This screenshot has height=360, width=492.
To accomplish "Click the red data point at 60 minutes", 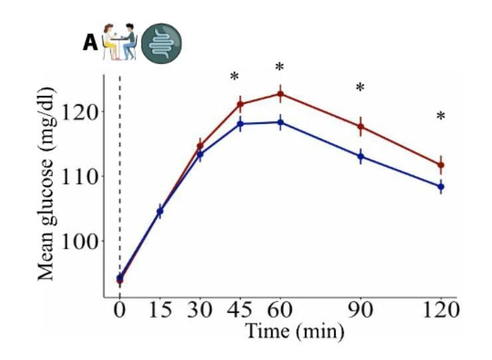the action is coord(281,94).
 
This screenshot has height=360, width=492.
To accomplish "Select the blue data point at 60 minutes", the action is coord(281,122).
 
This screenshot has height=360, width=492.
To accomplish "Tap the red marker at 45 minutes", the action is coord(241,104).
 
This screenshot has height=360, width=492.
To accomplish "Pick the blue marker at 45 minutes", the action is coord(241,124).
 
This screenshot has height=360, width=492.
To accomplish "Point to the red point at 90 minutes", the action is coord(361,126).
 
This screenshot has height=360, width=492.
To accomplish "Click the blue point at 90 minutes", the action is coord(361,156).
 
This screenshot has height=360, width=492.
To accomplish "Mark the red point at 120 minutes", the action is coord(441,165).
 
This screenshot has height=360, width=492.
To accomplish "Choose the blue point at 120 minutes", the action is coord(441,187).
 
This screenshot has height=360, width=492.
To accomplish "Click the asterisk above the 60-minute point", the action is coord(279,67).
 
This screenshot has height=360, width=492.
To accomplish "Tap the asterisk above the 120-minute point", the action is coord(441,116).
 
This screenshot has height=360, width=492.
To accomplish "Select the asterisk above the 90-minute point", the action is coord(360,88).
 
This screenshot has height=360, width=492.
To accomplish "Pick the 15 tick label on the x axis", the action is coord(160,310).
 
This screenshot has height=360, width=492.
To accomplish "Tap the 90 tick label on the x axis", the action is coord(360,310).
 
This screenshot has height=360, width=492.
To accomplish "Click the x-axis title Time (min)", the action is coord(295,331).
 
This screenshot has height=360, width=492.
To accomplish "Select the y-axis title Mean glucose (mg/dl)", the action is coord(47,183).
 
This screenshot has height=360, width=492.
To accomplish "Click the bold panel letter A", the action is coord(90,43).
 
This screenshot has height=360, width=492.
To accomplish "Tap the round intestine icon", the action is coord(162,43).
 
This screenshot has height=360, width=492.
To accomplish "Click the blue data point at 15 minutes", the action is coord(160,211).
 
